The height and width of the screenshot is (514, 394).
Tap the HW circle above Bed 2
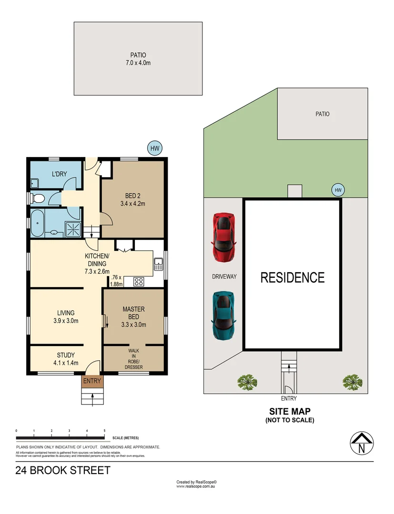(x=154, y=148)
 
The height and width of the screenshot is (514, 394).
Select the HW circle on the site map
(x=338, y=190)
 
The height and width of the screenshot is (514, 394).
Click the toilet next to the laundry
(x=37, y=198)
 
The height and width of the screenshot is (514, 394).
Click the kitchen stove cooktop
(x=139, y=281)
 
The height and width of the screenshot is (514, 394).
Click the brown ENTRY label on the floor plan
(x=92, y=381)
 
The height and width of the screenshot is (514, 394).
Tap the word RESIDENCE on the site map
(x=293, y=277)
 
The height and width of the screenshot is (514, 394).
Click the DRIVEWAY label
(x=224, y=277)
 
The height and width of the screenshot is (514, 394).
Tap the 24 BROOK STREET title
(x=63, y=471)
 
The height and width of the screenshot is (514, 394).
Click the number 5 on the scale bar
(x=104, y=430)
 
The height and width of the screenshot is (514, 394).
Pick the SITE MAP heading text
(x=289, y=411)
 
